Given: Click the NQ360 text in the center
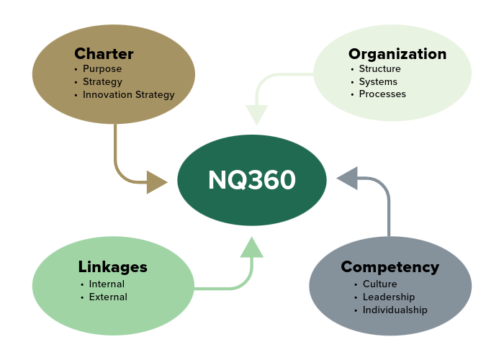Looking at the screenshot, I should click(252, 180).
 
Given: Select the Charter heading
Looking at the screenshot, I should click(104, 54).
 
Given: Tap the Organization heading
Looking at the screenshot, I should click(397, 54).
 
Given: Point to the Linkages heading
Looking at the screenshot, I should click(112, 267).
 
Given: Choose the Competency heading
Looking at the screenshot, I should click(390, 267).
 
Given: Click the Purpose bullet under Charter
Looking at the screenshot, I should click(102, 69).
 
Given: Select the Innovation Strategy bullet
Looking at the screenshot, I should click(128, 94).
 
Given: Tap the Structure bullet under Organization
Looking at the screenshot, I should click(379, 69).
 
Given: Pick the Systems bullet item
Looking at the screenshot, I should click(378, 81).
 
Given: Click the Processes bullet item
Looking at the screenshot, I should click(382, 94).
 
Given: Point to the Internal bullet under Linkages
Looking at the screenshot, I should click(107, 284).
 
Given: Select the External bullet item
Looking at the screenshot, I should click(108, 297).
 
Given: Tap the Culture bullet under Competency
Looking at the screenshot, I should click(379, 284).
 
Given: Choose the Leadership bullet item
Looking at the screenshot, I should click(388, 297).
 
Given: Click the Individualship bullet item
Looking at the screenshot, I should click(395, 310).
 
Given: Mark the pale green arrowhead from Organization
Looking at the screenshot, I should click(256, 114).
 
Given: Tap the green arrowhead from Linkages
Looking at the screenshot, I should click(252, 247).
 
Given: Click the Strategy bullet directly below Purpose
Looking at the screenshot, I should click(102, 81).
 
